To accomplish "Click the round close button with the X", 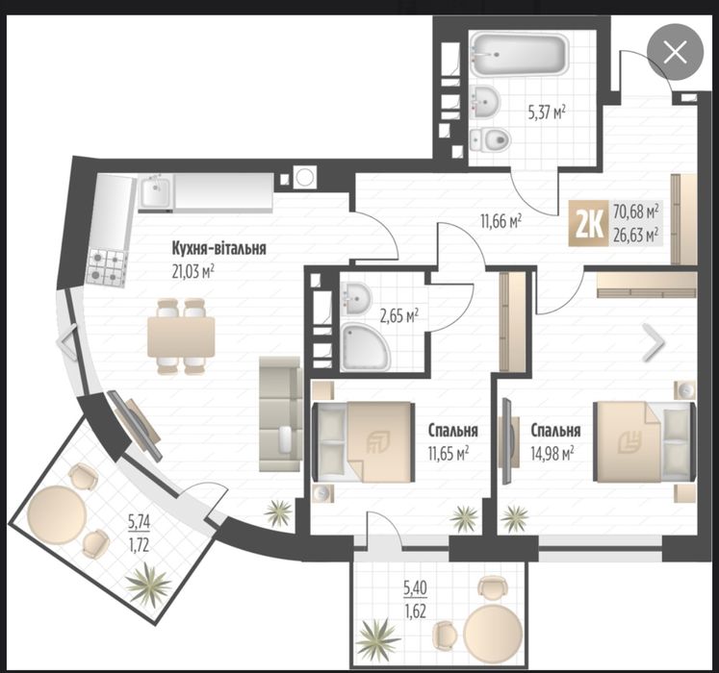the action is (675, 52).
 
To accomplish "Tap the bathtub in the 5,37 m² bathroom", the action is (520, 55).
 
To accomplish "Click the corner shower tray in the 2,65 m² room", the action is (365, 346).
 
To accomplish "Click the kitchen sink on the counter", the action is (156, 192).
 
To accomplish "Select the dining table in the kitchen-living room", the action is (181, 336).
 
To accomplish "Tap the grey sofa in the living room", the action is (280, 413).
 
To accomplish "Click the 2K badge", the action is (589, 224).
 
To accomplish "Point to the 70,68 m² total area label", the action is (635, 212).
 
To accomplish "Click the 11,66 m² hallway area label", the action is (501, 222).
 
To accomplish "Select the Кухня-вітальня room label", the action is (218, 249).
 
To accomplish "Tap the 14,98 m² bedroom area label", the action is (552, 454).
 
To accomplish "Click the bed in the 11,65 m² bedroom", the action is (364, 441).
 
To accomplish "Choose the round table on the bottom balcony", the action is (493, 634).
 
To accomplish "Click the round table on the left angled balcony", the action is (57, 515).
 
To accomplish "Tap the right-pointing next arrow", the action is (653, 341).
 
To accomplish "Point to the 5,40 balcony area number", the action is (416, 587).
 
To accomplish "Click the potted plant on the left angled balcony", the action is (147, 584).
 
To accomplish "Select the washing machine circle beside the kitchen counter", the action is (304, 177).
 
